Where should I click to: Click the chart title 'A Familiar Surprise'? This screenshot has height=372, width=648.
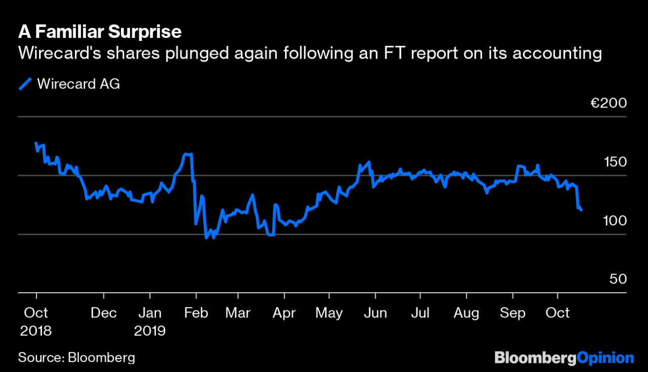tap(100, 32)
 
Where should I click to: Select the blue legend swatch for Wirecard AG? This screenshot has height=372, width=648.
tap(25, 84)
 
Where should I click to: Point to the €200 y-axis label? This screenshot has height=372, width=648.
tap(609, 104)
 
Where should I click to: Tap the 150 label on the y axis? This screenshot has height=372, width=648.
tap(615, 162)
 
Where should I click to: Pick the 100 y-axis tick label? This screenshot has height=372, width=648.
tap(615, 221)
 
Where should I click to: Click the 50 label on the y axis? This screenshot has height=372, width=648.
tap(618, 280)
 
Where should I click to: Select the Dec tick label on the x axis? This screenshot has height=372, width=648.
tap(104, 313)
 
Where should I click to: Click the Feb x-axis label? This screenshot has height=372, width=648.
tap(196, 313)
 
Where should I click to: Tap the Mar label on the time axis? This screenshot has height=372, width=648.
tap(237, 313)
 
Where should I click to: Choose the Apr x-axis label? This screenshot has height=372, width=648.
tap(283, 313)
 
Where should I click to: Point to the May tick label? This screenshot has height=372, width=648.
tap(329, 313)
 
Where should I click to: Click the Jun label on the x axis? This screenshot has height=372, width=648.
tap(375, 313)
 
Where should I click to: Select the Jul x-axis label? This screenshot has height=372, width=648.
tap(420, 313)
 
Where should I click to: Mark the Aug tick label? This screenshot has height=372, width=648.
tap(466, 313)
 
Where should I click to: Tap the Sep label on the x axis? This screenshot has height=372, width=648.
tap(512, 313)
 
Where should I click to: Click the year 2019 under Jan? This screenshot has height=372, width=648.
tap(150, 331)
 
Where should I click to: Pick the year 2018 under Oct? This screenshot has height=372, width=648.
tap(35, 331)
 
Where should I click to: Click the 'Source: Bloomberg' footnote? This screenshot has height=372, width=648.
tap(76, 358)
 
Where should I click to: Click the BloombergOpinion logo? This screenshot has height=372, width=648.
tap(564, 358)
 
